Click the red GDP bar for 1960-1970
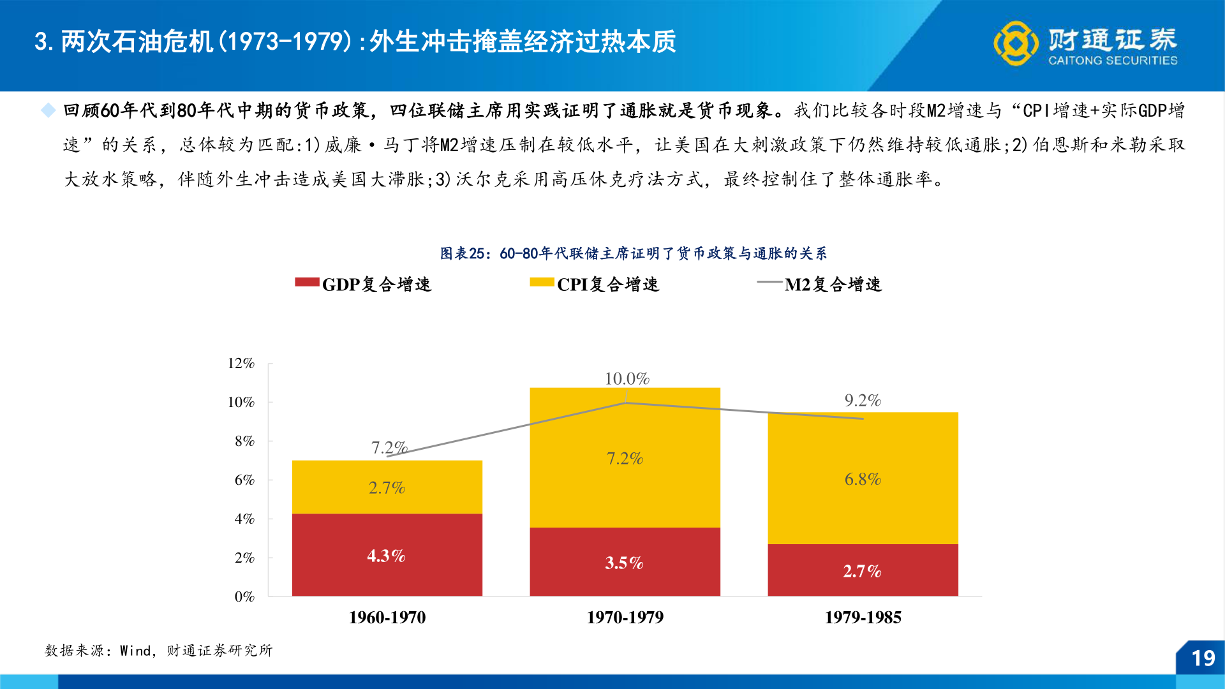pyautogui.click(x=387, y=554)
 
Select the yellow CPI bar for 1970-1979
pyautogui.click(x=625, y=457)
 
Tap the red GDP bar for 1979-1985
pyautogui.click(x=863, y=570)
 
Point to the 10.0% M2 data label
pyautogui.click(x=627, y=378)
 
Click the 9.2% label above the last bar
pyautogui.click(x=863, y=400)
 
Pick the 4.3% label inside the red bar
pyautogui.click(x=386, y=556)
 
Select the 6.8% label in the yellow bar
pyautogui.click(x=863, y=479)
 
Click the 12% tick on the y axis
pyautogui.click(x=241, y=363)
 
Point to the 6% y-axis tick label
pyautogui.click(x=244, y=480)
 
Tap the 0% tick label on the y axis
pyautogui.click(x=244, y=596)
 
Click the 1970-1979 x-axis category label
pyautogui.click(x=625, y=617)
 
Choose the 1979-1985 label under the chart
pyautogui.click(x=863, y=617)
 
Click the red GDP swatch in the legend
pyautogui.click(x=307, y=282)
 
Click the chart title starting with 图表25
pyautogui.click(x=633, y=253)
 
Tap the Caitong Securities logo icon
pyautogui.click(x=1015, y=43)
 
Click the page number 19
pyautogui.click(x=1203, y=658)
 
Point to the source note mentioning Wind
pyautogui.click(x=158, y=650)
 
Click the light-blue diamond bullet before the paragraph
pyautogui.click(x=48, y=110)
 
